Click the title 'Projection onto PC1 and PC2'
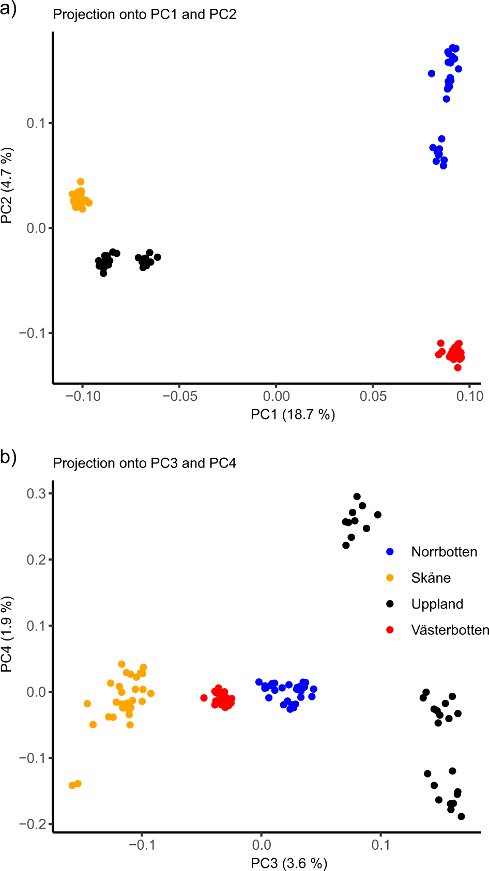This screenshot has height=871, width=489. (x=145, y=14)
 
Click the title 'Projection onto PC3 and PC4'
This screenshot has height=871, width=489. (x=145, y=463)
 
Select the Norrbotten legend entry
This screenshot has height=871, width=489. (x=444, y=552)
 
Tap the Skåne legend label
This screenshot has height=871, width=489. (x=431, y=578)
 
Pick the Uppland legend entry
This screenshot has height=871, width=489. (x=437, y=604)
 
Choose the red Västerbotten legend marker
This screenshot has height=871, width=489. (x=390, y=630)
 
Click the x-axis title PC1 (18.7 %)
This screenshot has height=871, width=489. (x=293, y=414)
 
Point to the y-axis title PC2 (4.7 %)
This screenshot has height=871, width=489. (x=7, y=186)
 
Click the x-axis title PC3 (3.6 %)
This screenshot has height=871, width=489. (x=289, y=863)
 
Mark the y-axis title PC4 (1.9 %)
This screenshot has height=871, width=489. (x=7, y=634)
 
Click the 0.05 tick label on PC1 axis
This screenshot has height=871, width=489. (x=373, y=396)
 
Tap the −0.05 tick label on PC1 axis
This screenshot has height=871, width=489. (x=179, y=396)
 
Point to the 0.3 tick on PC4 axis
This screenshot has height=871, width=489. (x=36, y=493)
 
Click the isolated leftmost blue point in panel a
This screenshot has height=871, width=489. (x=432, y=73)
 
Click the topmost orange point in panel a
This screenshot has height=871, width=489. (x=81, y=182)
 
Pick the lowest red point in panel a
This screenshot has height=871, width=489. (x=457, y=367)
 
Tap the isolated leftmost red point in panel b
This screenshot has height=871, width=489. (x=204, y=698)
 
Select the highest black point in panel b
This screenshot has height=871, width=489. (x=357, y=496)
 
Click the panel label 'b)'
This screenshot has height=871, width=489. (x=8, y=457)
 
